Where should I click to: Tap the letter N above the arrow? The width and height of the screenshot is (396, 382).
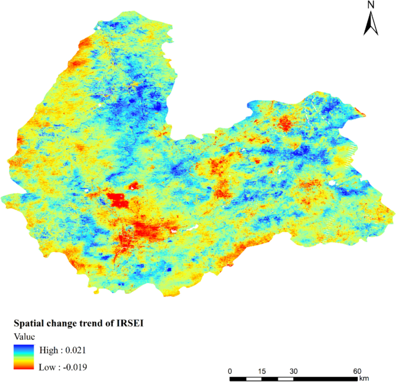point(371,5)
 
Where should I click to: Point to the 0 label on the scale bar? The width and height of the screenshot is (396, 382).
point(230,371)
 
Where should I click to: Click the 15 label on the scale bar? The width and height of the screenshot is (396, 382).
point(262,371)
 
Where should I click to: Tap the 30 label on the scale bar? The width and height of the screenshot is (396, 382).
point(294,371)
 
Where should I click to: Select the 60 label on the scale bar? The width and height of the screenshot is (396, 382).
point(357,371)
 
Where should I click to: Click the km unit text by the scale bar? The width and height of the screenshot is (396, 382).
point(363,379)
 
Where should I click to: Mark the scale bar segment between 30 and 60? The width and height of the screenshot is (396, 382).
point(325,379)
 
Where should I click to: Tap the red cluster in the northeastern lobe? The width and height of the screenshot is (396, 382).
point(284,123)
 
